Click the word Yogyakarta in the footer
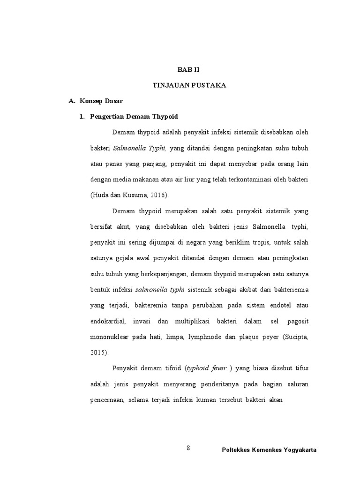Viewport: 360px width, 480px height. [298, 450]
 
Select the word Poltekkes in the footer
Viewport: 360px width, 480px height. [236, 450]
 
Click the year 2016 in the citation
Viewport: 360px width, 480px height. [157, 195]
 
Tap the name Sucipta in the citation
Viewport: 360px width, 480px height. [295, 337]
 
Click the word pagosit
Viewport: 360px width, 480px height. [297, 321]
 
